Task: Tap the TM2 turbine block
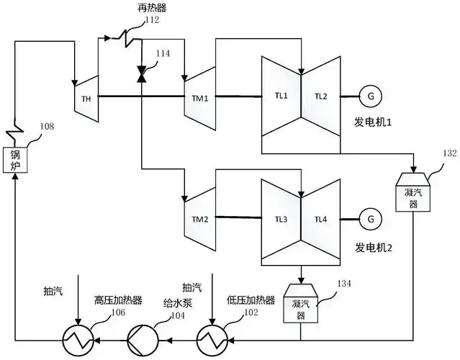[x=198, y=218]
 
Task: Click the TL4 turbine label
[x=321, y=218]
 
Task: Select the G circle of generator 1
[x=371, y=96]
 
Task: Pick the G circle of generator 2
[x=371, y=218]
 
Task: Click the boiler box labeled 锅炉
[x=15, y=160]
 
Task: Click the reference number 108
[x=46, y=127]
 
